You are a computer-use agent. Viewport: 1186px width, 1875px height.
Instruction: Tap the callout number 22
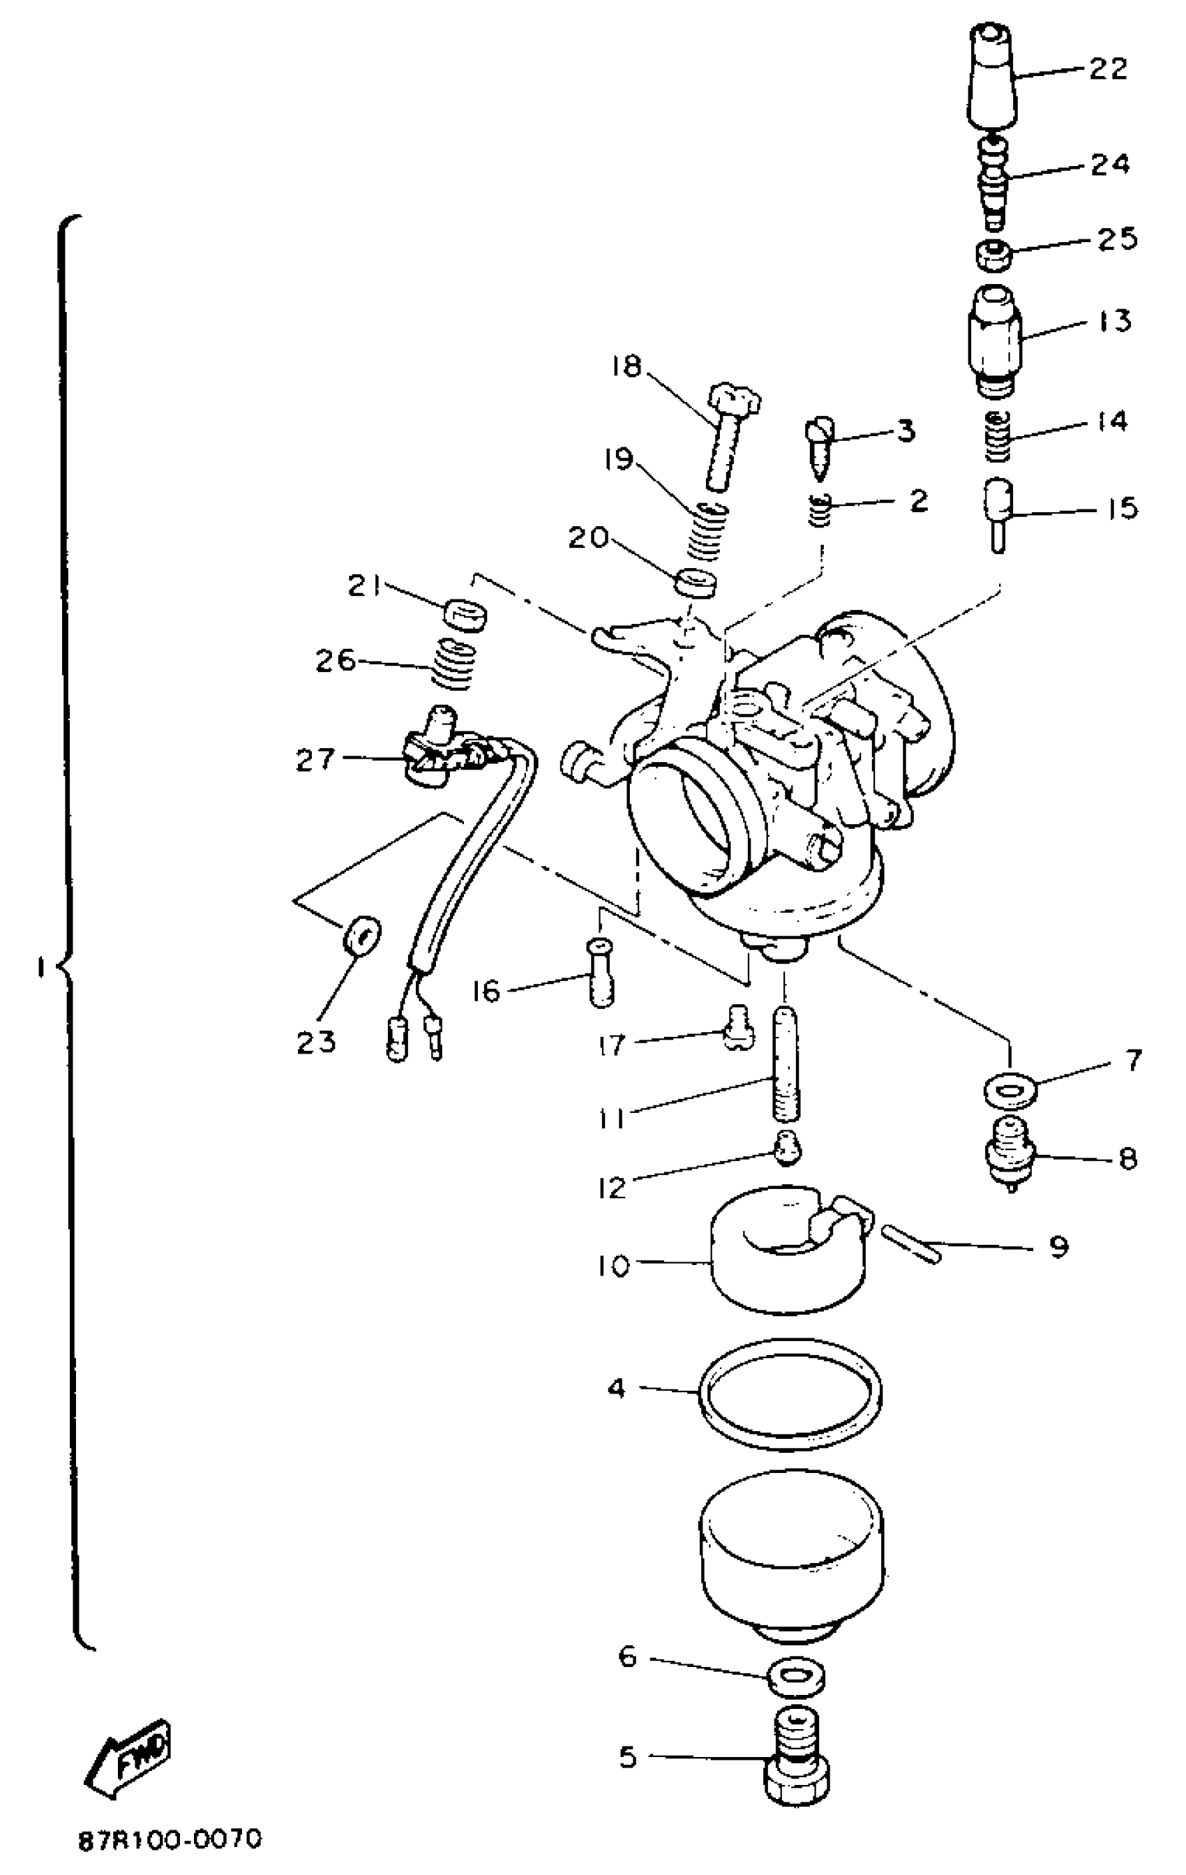pyautogui.click(x=1108, y=68)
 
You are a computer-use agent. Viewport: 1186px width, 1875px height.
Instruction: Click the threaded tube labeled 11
pyautogui.click(x=786, y=1063)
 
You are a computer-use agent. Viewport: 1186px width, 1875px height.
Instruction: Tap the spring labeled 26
pyautogui.click(x=453, y=664)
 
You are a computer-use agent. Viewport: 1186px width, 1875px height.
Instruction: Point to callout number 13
pyautogui.click(x=1113, y=321)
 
